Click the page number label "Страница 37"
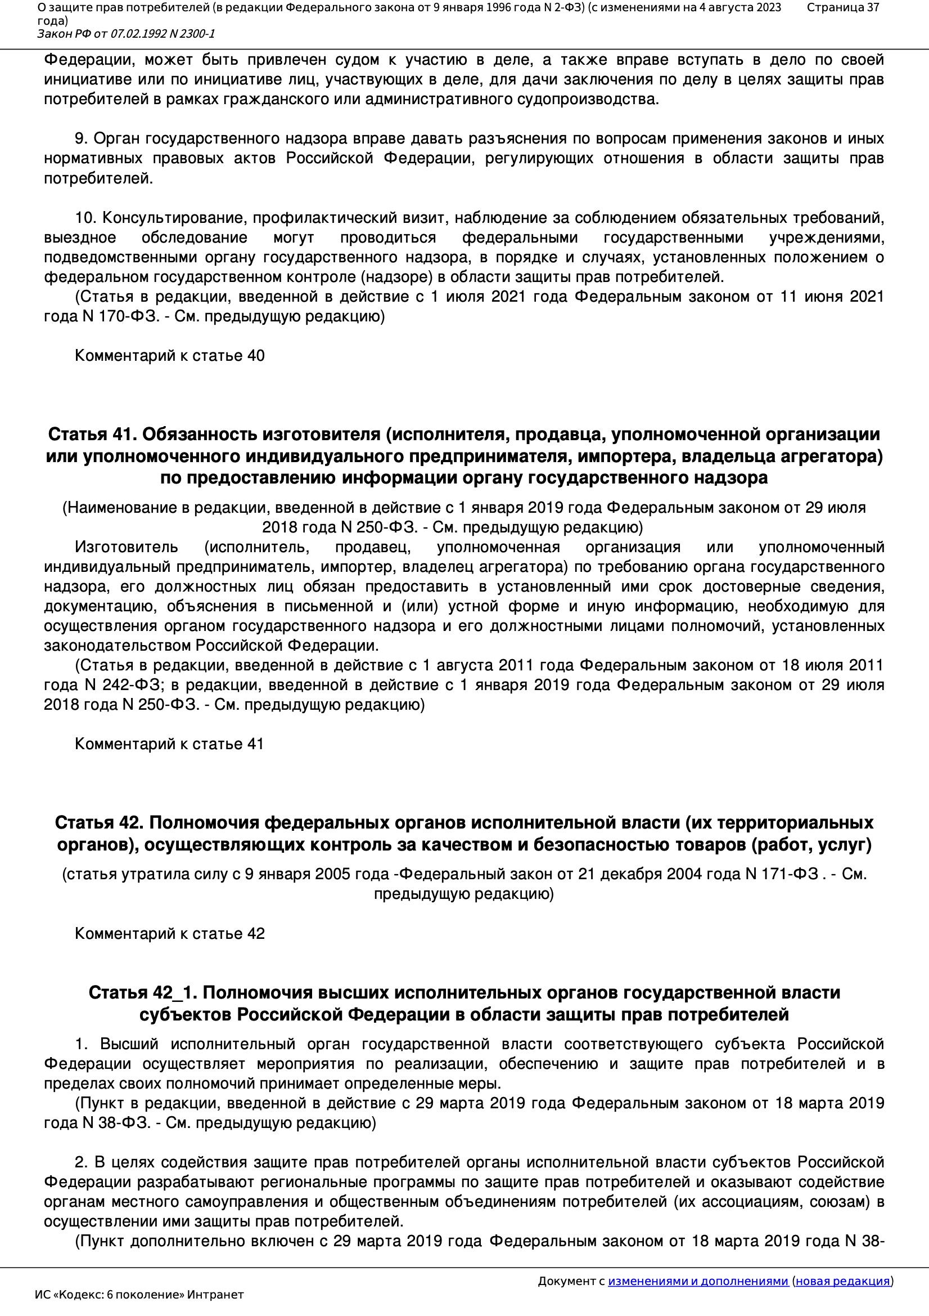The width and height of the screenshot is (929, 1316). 842,7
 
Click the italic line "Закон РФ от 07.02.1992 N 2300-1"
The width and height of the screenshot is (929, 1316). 126,34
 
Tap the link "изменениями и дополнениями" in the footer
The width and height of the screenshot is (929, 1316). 698,1281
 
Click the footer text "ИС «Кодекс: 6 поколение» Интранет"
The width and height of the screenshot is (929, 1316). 139,1295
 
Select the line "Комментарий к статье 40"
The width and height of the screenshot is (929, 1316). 169,355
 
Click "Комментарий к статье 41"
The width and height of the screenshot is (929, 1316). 169,744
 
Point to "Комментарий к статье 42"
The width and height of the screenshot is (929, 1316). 169,933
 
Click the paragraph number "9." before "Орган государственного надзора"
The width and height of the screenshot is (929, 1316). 81,138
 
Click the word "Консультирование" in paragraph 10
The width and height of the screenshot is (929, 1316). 175,218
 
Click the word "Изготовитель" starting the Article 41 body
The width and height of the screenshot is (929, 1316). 126,547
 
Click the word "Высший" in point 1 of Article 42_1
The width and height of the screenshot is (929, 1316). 129,1044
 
